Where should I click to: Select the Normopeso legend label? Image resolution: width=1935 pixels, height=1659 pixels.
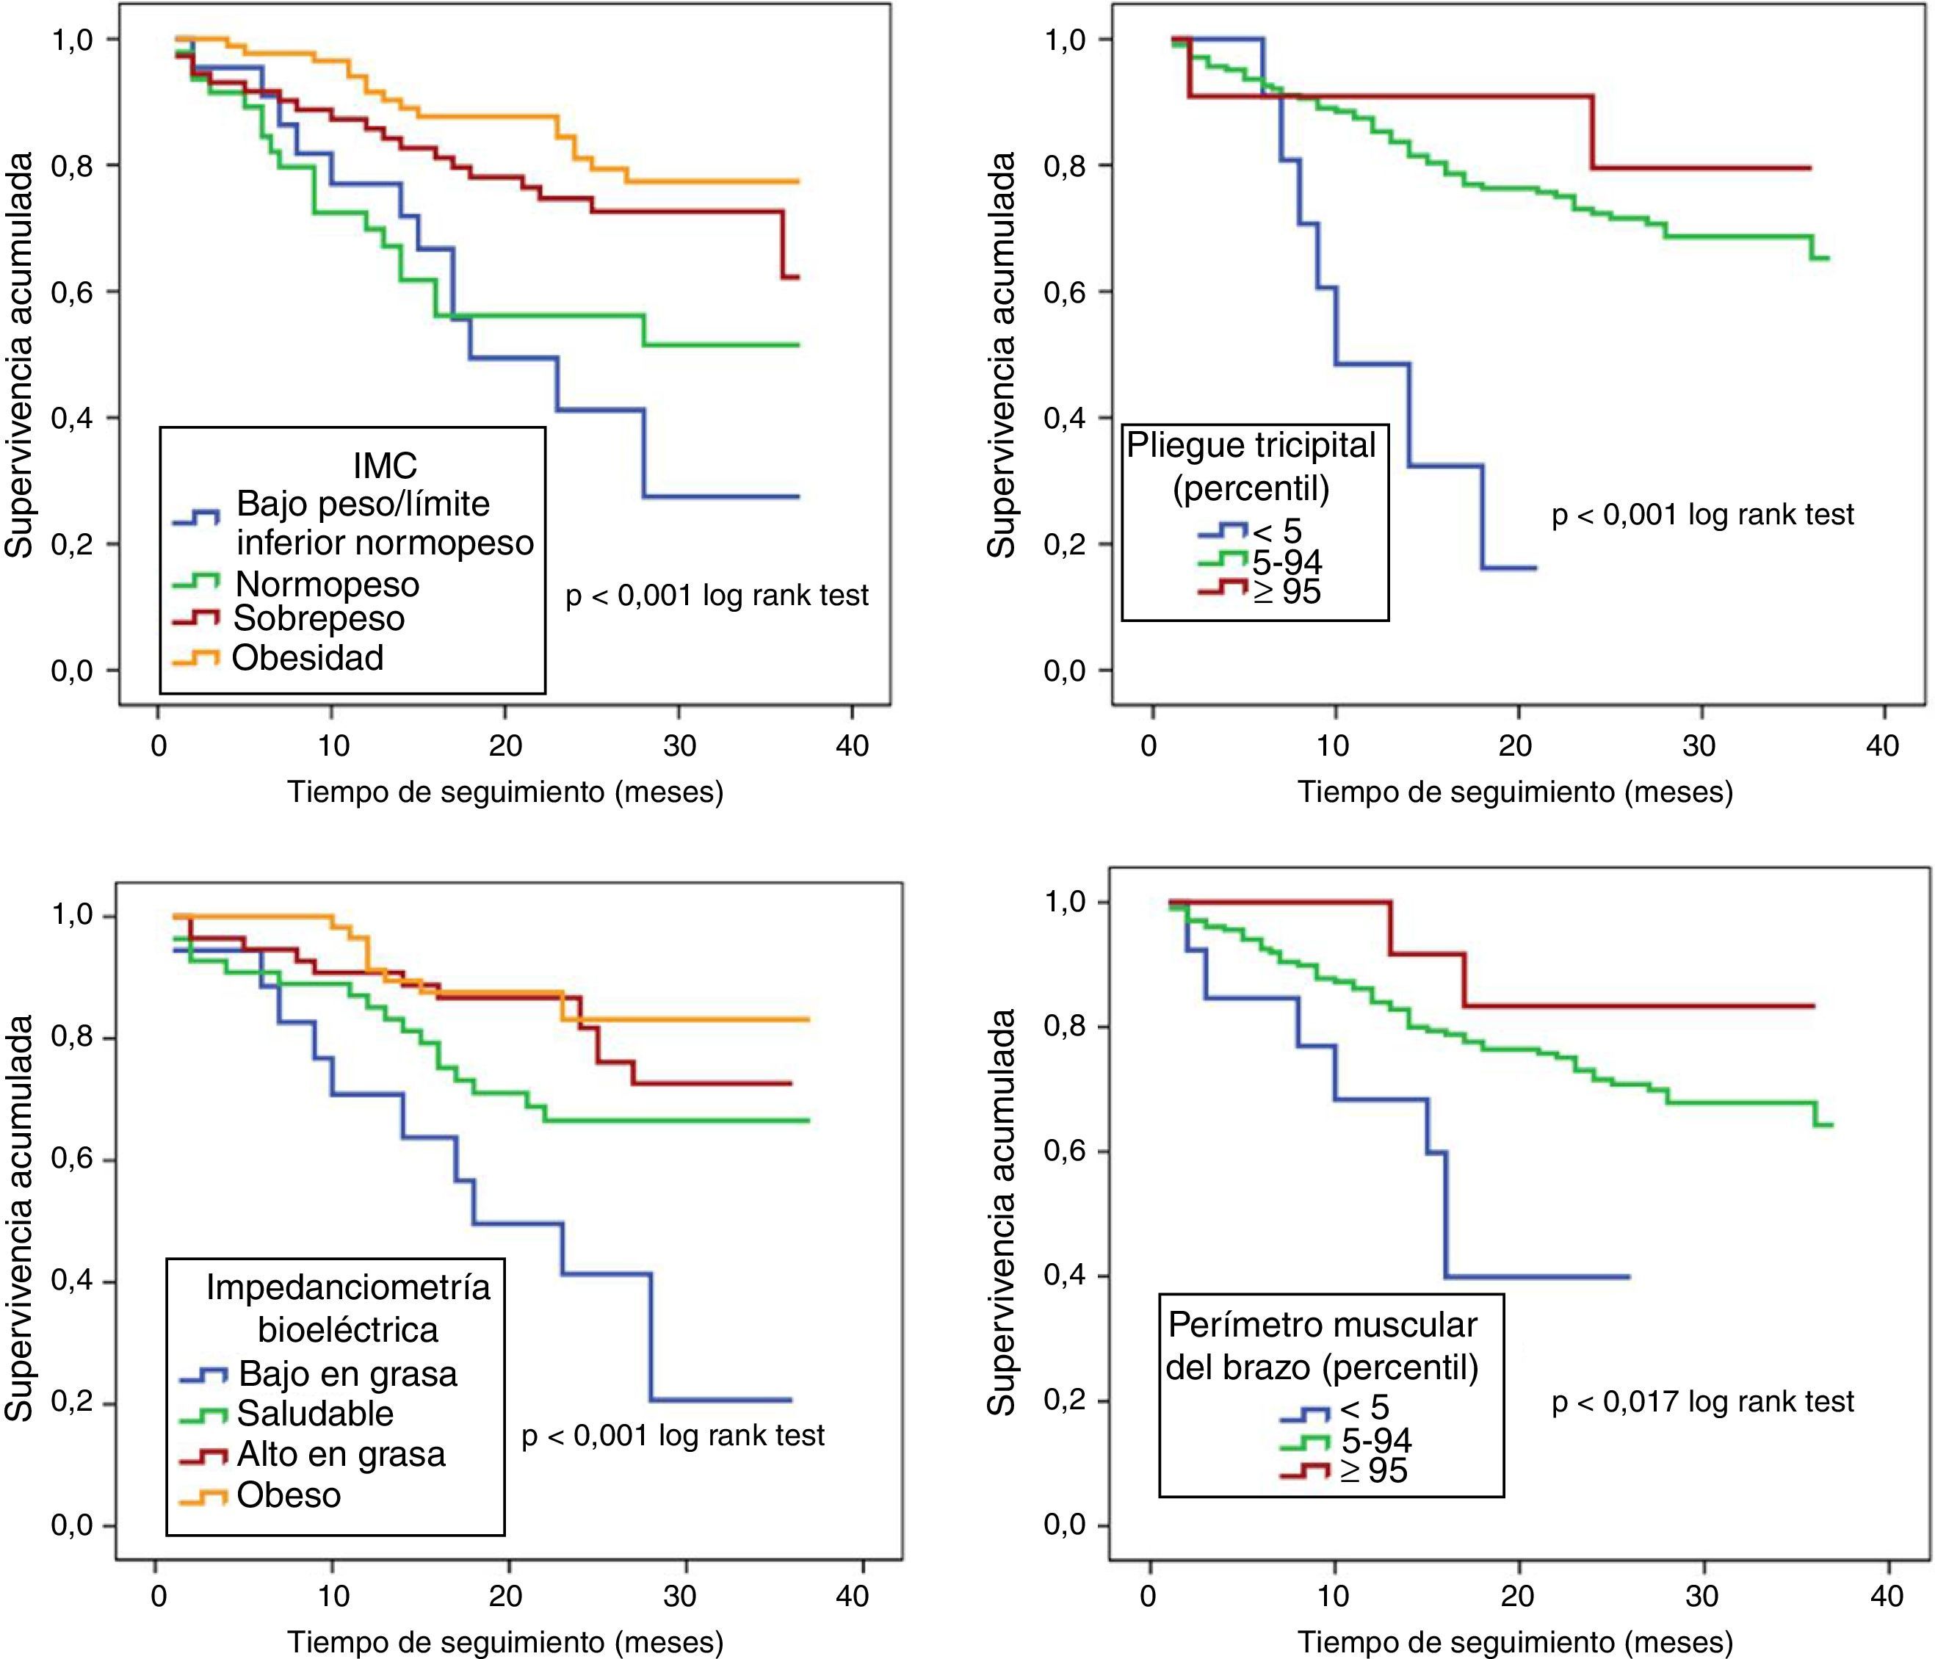click(x=327, y=584)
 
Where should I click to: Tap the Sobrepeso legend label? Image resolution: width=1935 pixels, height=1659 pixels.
click(x=319, y=618)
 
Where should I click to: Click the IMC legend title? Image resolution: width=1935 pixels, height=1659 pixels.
click(x=385, y=464)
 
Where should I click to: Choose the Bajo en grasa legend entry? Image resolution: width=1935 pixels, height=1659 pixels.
click(x=347, y=1374)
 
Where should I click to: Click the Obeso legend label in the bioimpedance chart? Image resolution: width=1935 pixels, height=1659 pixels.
click(x=289, y=1494)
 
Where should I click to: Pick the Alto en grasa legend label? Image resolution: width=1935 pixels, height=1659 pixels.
click(x=341, y=1454)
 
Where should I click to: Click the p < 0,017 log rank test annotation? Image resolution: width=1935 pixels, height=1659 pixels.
click(x=1702, y=1401)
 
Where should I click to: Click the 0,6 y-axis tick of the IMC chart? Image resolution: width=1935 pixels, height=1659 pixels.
click(x=71, y=292)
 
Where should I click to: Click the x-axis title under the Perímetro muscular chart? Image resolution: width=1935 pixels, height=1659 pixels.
click(x=1515, y=1641)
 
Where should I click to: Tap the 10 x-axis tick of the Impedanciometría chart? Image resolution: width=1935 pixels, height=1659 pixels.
click(x=333, y=1596)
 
